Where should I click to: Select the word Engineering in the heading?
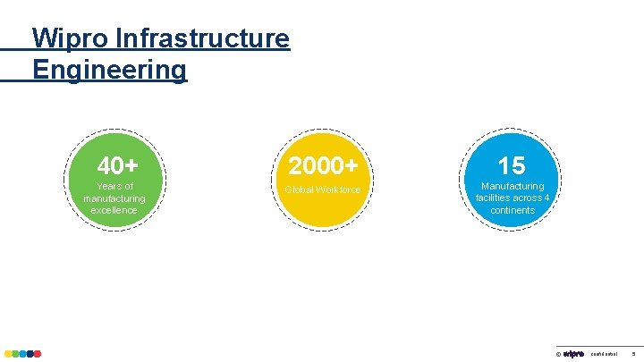click(109, 69)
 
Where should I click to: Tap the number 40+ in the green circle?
click(117, 166)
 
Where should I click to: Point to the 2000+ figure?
click(323, 166)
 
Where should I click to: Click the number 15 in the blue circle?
click(512, 166)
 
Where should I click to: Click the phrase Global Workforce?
click(323, 189)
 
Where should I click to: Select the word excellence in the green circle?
click(114, 210)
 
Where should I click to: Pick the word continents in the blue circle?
click(513, 210)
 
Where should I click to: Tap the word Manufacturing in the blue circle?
click(513, 187)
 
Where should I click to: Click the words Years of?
click(114, 187)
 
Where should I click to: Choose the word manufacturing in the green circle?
click(114, 198)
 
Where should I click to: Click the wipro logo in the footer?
click(573, 353)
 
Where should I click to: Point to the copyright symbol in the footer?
click(558, 354)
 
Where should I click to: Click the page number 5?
click(633, 354)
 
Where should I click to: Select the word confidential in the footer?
click(605, 354)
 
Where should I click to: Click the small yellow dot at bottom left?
click(8, 354)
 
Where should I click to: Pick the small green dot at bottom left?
click(15, 354)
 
